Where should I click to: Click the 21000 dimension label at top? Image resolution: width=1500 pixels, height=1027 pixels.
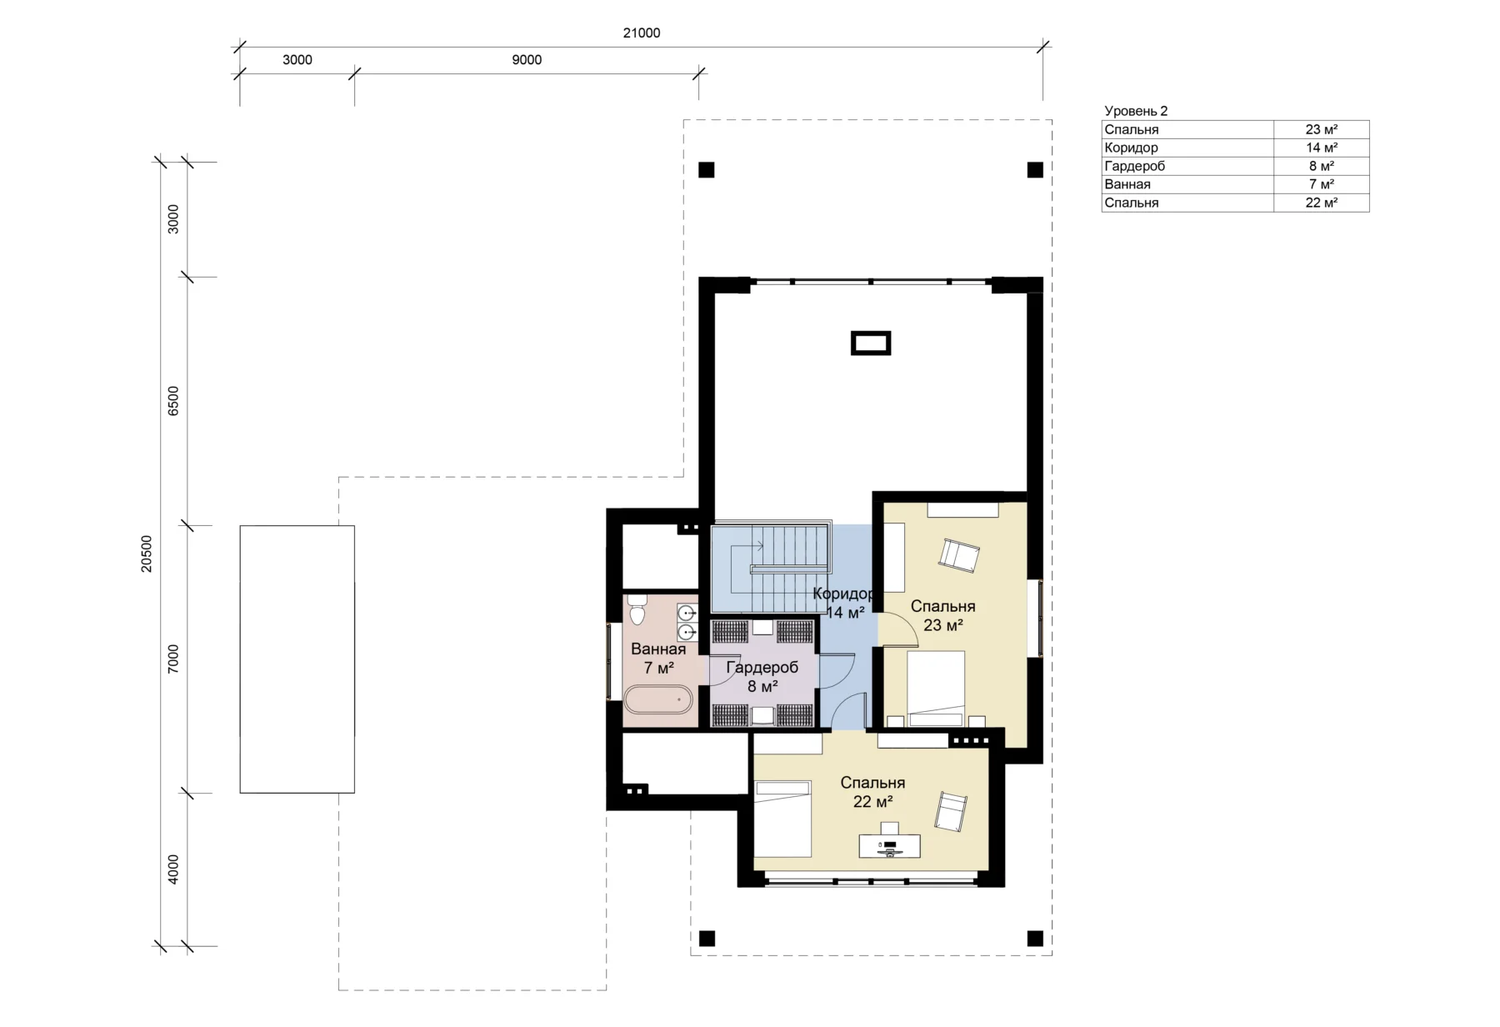coord(642,33)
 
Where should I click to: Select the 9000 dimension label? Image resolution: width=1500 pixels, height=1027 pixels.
coord(527,60)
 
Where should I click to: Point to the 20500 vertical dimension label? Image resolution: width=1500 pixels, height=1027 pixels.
coord(147,554)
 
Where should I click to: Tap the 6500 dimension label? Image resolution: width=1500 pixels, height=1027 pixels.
coord(173,401)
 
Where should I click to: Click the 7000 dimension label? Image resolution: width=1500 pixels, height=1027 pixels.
coord(173,659)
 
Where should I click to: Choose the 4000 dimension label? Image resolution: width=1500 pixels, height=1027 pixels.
coord(173,869)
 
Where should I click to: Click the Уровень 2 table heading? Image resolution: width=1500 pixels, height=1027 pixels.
coord(1136,111)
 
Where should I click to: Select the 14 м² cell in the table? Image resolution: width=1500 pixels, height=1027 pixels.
coord(1322,148)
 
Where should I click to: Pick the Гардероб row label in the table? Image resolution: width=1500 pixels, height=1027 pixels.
coord(1134,166)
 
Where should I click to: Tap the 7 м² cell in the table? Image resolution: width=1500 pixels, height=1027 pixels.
coord(1322,184)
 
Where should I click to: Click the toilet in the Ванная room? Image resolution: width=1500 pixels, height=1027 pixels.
coord(637,609)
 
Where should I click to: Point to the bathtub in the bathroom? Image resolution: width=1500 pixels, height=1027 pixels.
coord(658,699)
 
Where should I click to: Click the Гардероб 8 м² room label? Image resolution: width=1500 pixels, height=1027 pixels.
coord(762,677)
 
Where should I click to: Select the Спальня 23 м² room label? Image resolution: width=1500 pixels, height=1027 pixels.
coord(943,616)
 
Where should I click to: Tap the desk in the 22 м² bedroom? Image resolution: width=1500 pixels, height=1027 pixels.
coord(890,845)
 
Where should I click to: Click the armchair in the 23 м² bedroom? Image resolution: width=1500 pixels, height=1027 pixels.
coord(959,555)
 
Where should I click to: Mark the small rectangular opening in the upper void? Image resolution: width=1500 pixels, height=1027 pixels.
coord(871,343)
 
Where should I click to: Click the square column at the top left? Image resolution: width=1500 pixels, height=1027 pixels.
coord(707,170)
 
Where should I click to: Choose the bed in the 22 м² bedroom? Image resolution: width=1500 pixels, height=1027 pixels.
coord(782,819)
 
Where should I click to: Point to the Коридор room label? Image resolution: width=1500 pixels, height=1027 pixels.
coord(844,594)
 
